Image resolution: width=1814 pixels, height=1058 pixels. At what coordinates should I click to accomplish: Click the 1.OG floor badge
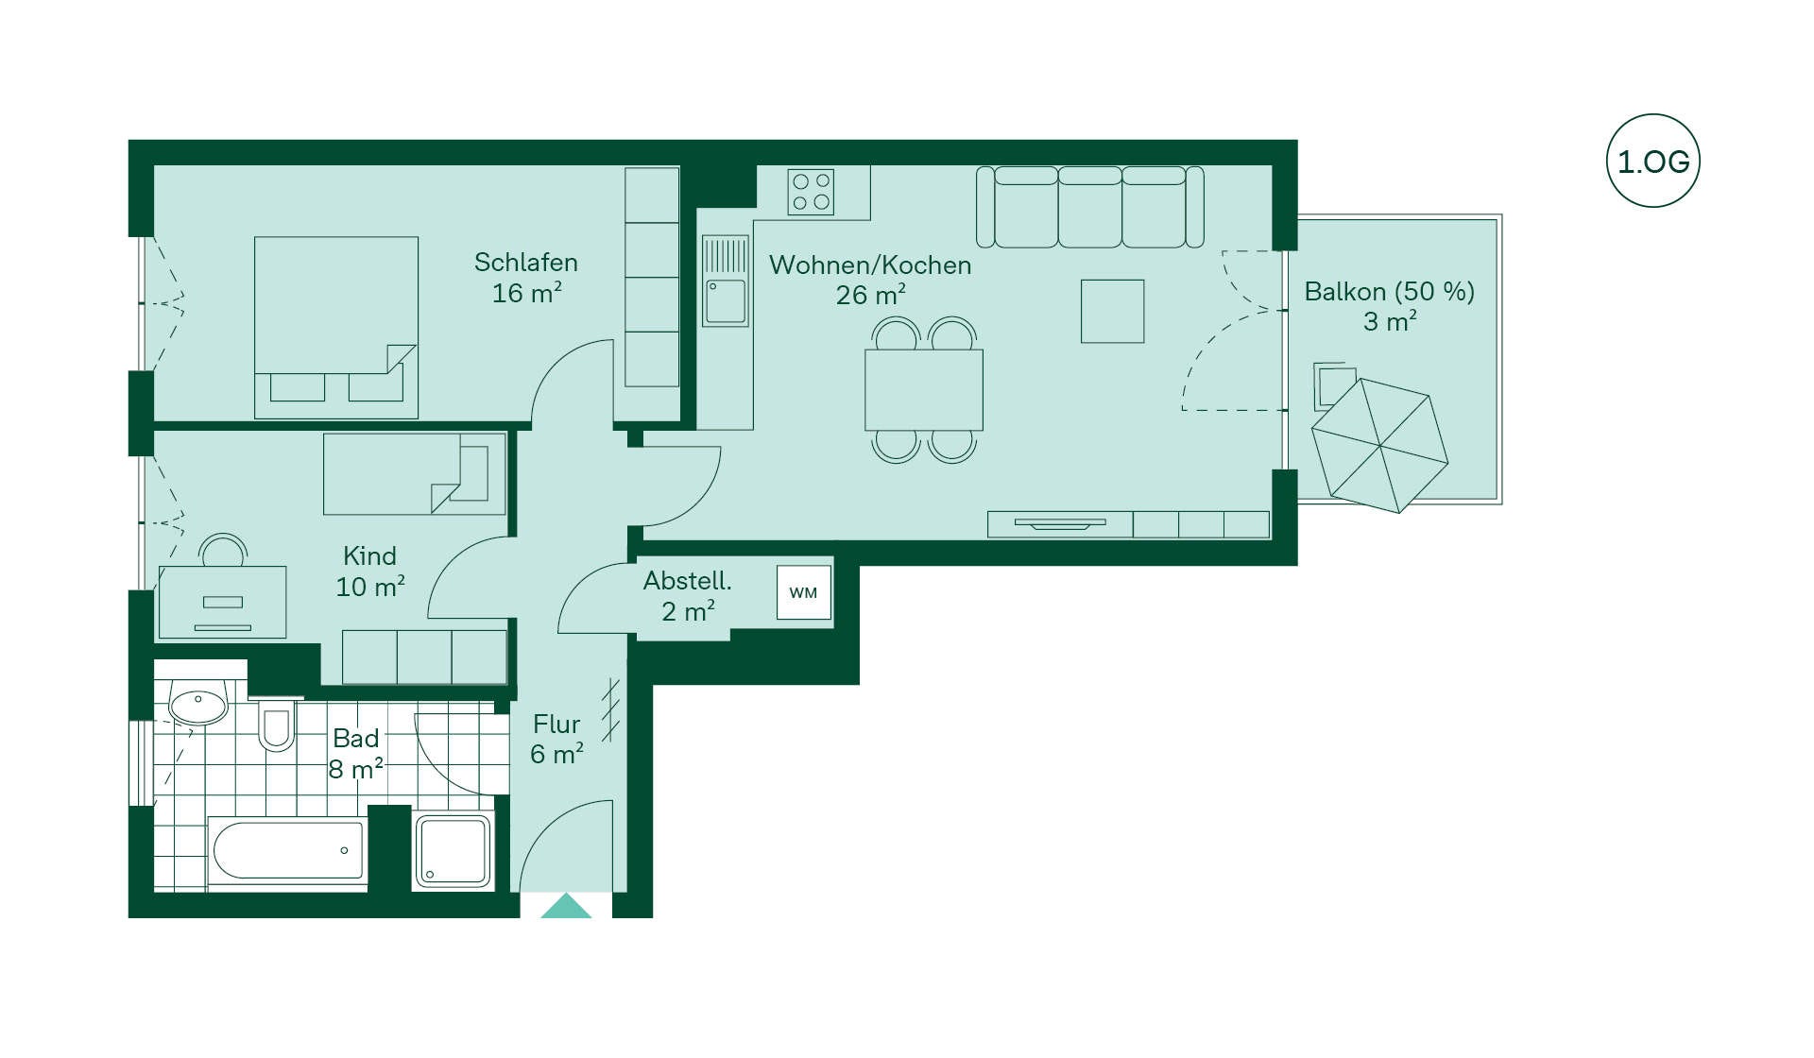click(x=1652, y=161)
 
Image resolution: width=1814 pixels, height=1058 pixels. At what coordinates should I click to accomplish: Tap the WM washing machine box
click(x=803, y=592)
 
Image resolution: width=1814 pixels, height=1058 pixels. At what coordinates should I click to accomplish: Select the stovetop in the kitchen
click(x=812, y=192)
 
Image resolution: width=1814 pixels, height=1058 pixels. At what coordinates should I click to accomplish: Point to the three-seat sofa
click(x=1089, y=207)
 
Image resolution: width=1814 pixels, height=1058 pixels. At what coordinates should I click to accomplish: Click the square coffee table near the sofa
click(x=1112, y=311)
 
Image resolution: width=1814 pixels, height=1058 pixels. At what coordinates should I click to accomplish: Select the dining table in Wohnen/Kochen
click(x=923, y=390)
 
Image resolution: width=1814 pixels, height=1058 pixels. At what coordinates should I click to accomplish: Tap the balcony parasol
click(x=1379, y=445)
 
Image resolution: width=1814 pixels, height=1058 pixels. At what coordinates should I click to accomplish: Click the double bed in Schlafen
click(x=335, y=327)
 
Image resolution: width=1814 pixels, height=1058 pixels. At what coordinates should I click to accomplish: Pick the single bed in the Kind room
click(x=414, y=474)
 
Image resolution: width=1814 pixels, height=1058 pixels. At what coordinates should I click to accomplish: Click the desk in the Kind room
click(x=222, y=602)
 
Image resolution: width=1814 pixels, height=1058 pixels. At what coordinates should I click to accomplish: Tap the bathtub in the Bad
click(x=287, y=850)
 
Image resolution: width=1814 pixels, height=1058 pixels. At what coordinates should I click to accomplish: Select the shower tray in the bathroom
click(x=453, y=851)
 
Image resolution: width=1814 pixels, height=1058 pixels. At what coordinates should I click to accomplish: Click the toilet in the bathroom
click(x=276, y=725)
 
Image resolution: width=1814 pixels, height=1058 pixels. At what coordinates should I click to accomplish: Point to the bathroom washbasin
click(x=198, y=704)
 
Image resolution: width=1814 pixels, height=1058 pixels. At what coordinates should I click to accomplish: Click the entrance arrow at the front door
click(x=566, y=906)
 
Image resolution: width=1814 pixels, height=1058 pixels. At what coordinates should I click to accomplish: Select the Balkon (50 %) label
click(x=1389, y=291)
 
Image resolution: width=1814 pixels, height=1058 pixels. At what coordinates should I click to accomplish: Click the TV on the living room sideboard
click(x=1060, y=523)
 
